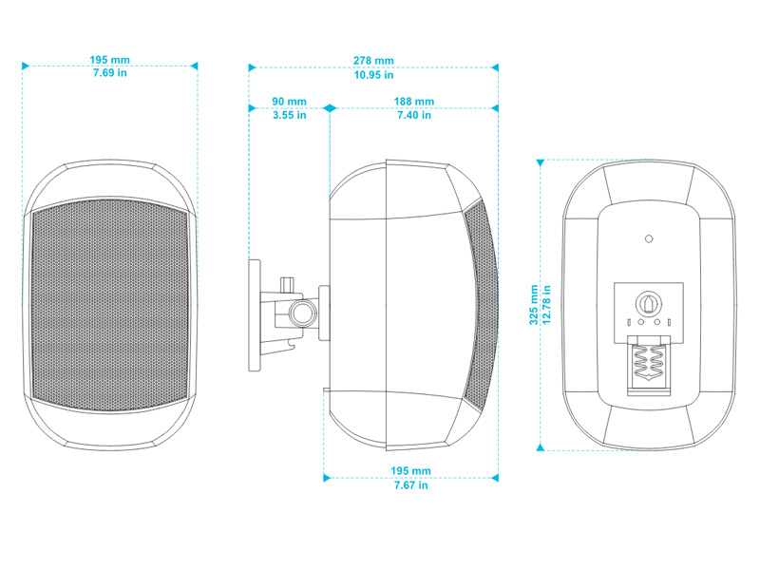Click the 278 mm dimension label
pyautogui.click(x=373, y=61)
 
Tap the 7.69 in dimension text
pyautogui.click(x=110, y=73)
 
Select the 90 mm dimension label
pyautogui.click(x=290, y=102)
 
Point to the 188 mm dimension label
pyautogui.click(x=414, y=102)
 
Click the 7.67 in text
pyautogui.click(x=411, y=485)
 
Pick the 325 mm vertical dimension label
pyautogui.click(x=534, y=305)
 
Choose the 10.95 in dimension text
pyautogui.click(x=373, y=75)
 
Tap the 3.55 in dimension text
pyautogui.click(x=290, y=115)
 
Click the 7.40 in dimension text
pyautogui.click(x=414, y=115)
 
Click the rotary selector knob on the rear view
pyautogui.click(x=648, y=303)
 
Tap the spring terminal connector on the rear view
pyautogui.click(x=649, y=366)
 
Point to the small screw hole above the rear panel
pyautogui.click(x=649, y=238)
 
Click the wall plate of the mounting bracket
pyautogui.click(x=255, y=315)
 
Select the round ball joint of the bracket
pyautogui.click(x=303, y=313)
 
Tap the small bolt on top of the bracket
pyautogui.click(x=288, y=284)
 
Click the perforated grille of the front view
pyautogui.click(x=109, y=305)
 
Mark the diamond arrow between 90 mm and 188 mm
pyautogui.click(x=330, y=108)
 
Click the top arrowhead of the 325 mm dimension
pyautogui.click(x=541, y=163)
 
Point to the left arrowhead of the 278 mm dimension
pyautogui.click(x=252, y=67)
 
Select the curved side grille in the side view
pyautogui.click(x=481, y=304)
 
